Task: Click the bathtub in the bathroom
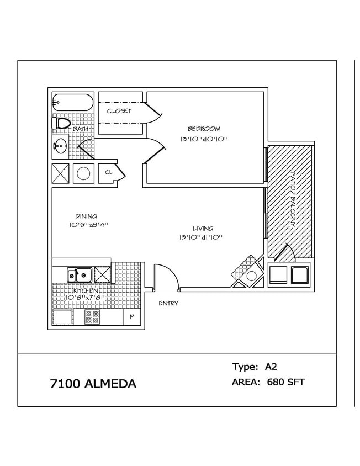pos(73,102)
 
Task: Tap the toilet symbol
pos(61,123)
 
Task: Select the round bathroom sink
pos(60,147)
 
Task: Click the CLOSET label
pos(119,111)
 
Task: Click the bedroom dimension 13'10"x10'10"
pos(204,139)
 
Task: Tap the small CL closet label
pos(109,173)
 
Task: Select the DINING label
pos(86,216)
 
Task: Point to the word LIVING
pos(203,228)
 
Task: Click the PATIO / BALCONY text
pos(291,199)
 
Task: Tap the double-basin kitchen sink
pos(80,274)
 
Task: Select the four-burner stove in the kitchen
pos(92,317)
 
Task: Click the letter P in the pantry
pos(131,317)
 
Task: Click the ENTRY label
pos(168,303)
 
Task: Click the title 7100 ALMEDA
pos(93,384)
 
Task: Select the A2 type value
pos(271,367)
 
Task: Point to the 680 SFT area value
pos(285,382)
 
